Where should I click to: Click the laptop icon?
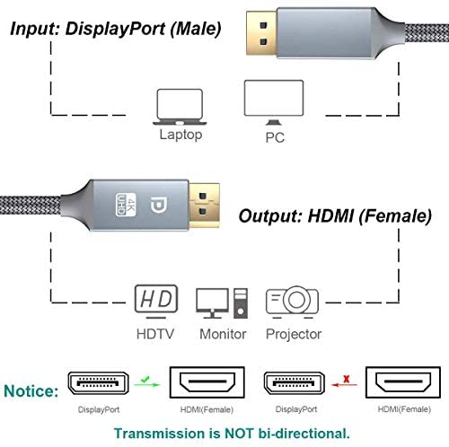pos(180,107)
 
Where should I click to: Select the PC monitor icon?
pos(274,102)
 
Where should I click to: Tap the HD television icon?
pos(156,302)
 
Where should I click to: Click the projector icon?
pos(292,302)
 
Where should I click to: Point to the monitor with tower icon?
pos(222,303)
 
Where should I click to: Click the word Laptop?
pos(180,135)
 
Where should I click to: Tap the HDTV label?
pos(155,334)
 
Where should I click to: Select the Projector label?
pos(294,334)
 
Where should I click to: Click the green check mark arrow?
pos(146,382)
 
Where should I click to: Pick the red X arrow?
pos(345,381)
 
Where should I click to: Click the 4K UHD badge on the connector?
pos(126,205)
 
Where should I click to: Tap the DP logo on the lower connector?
pos(159,206)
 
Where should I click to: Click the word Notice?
pos(31,391)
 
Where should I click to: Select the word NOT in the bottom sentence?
pos(239,433)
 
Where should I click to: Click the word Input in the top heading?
pos(35,30)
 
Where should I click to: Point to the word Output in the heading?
pos(270,216)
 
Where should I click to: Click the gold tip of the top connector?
pos(261,33)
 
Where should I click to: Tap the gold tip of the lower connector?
pos(205,206)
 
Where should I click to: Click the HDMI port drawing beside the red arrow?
pos(403,382)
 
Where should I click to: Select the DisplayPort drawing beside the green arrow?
pos(98,383)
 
